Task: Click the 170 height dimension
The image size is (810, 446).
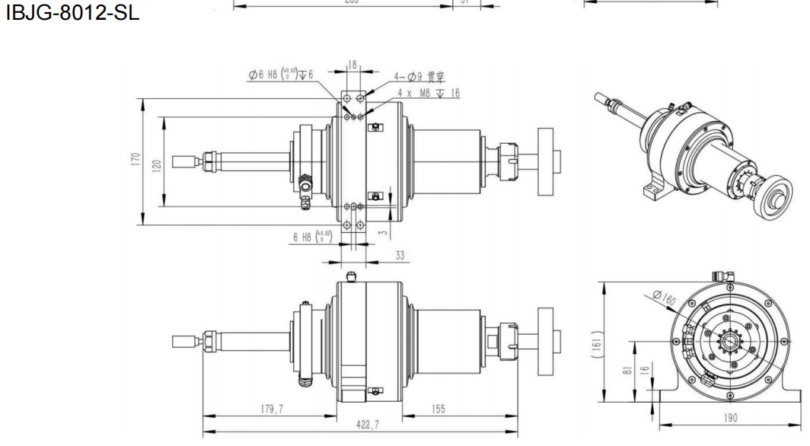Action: point(134,161)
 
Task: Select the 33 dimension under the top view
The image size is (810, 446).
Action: point(400,256)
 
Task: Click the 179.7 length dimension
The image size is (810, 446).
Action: point(269,409)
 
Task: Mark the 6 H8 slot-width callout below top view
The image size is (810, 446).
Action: point(311,236)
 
